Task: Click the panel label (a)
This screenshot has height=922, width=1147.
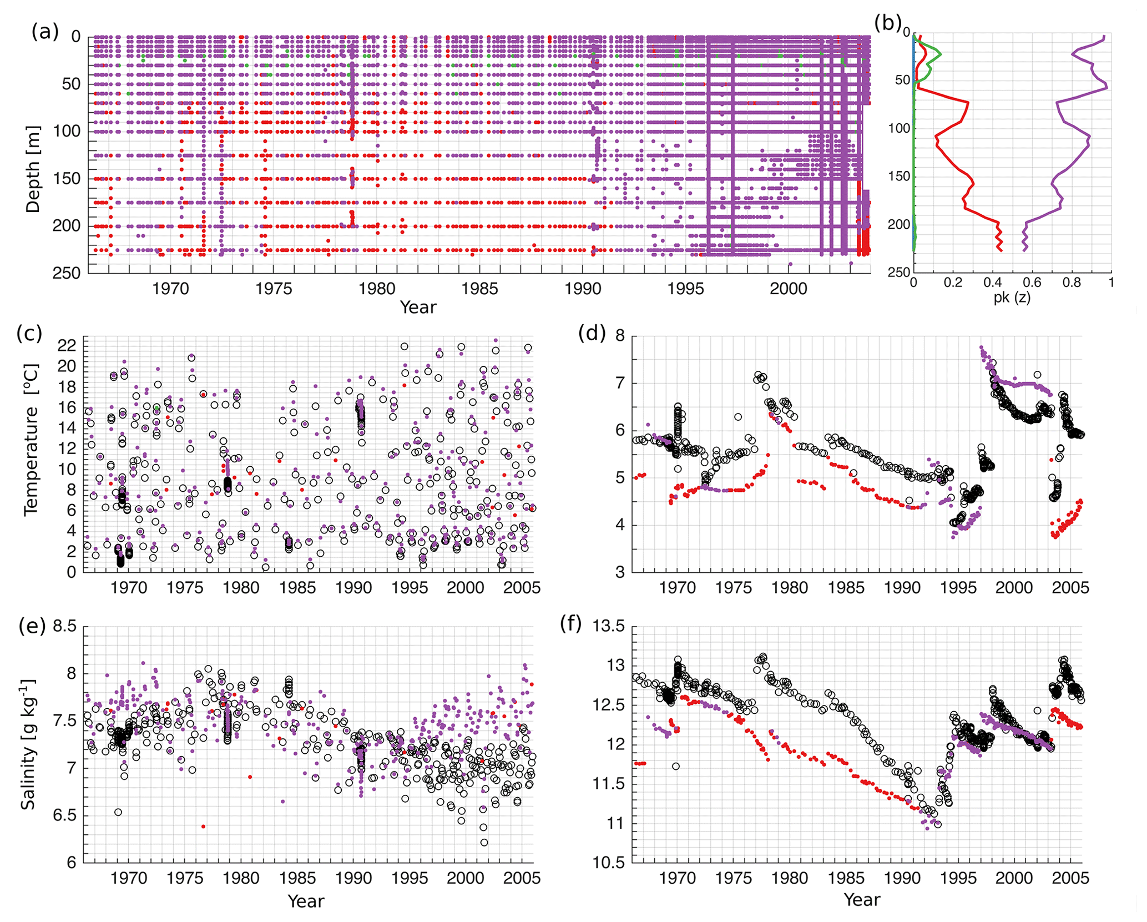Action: (45, 32)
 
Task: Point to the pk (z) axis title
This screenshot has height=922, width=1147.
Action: (1012, 298)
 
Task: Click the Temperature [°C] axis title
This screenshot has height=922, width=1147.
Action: (31, 439)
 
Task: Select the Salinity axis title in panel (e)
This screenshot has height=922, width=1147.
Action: (28, 744)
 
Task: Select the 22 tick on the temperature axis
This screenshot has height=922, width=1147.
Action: (67, 345)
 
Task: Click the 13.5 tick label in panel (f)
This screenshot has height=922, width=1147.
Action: (608, 626)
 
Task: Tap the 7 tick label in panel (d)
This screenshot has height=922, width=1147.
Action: (620, 383)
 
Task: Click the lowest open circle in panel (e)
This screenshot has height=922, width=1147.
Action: (484, 842)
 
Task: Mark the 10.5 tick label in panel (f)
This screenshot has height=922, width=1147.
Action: (608, 863)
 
